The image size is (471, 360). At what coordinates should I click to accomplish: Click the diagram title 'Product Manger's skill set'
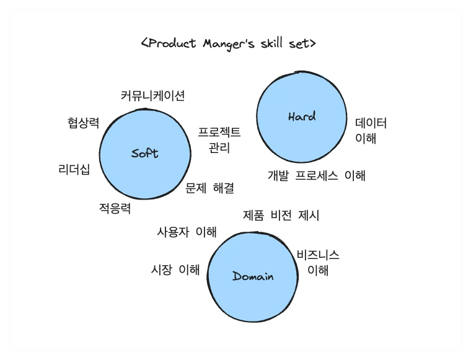[x=229, y=43]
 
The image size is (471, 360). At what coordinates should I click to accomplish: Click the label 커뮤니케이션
[x=152, y=95]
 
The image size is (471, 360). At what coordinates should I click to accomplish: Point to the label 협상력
[x=83, y=122]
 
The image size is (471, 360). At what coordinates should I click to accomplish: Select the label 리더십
[x=74, y=169]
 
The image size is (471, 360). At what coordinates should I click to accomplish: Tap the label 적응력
[x=115, y=208]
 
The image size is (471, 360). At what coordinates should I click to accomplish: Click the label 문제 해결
[x=209, y=188]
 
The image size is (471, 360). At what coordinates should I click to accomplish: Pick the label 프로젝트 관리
[x=219, y=140]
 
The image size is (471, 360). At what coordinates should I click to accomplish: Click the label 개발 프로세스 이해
[x=316, y=175]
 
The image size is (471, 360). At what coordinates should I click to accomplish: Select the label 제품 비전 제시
[x=281, y=216]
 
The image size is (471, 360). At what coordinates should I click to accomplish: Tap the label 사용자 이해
[x=187, y=232]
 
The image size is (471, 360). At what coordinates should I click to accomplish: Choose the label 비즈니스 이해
[x=318, y=262]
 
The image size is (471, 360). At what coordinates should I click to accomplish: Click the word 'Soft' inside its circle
[x=145, y=153]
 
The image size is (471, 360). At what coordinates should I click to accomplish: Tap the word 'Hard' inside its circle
[x=302, y=116]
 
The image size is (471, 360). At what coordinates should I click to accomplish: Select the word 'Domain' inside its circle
[x=253, y=276]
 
